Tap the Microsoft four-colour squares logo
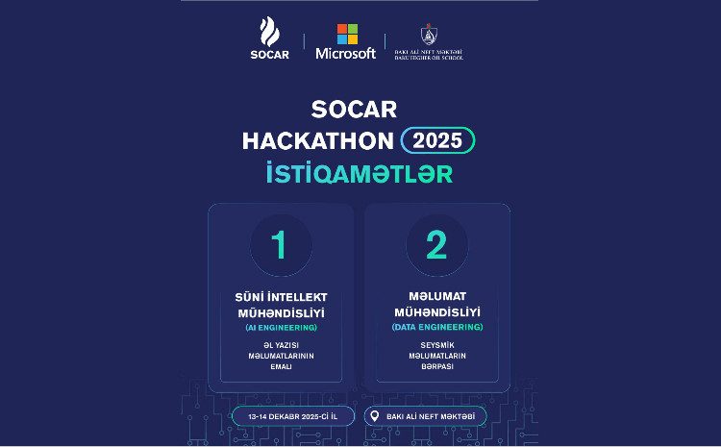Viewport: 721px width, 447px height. [346, 34]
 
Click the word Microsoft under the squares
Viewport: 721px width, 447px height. [346, 54]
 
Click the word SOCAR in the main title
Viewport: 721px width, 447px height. [356, 108]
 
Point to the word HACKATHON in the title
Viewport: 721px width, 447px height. [318, 139]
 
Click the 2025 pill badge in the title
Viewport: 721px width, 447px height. [437, 139]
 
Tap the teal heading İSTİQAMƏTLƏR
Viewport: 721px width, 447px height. [359, 174]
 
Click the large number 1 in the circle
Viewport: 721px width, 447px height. [280, 245]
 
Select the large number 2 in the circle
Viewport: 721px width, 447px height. [436, 245]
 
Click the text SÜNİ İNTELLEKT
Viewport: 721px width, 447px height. [281, 298]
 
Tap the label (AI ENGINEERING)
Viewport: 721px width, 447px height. [281, 328]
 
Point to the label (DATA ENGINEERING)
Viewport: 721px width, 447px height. [436, 328]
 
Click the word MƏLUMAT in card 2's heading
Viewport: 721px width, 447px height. [436, 297]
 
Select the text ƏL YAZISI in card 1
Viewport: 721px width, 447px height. [281, 343]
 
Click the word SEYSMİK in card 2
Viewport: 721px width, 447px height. [436, 343]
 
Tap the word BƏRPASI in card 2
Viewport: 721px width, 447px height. [436, 366]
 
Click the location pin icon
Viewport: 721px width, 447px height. [376, 416]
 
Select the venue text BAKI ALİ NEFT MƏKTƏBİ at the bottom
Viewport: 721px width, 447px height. [432, 416]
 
